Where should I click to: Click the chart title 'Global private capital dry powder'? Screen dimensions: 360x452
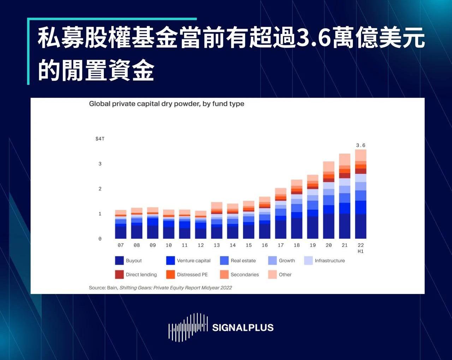pos(166,104)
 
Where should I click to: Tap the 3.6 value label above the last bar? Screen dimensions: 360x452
pos(361,145)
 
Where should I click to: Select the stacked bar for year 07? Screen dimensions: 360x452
pos(121,224)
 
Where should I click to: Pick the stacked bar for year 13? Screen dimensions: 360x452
pos(216,220)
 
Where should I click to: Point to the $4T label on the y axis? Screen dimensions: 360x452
pos(100,139)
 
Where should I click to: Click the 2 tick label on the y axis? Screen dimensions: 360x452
pos(100,189)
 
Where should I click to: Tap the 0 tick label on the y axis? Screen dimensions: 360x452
pos(100,239)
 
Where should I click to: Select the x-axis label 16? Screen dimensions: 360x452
pos(264,245)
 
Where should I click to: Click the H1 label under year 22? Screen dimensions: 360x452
pos(361,252)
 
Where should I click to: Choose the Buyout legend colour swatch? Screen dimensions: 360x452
pos(119,261)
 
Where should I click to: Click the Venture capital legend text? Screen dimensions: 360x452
pos(194,261)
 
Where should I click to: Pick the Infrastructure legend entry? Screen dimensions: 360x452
pos(329,261)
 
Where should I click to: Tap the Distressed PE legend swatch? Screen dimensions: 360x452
pos(171,275)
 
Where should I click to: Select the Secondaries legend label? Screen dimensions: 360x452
pos(244,275)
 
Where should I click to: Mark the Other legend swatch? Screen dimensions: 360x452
pos(272,275)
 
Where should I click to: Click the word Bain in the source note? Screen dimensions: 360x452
pos(112,288)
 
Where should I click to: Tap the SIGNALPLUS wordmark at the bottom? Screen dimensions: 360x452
pos(243,327)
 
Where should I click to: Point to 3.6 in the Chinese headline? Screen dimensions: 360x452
pos(313,38)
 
